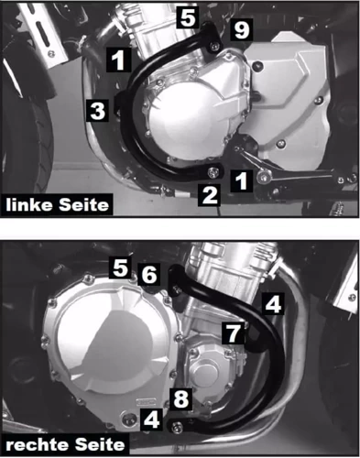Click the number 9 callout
point(241,31)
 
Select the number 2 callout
point(209,193)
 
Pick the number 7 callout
point(235,332)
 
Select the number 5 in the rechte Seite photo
point(118,267)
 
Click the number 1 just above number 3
point(117,61)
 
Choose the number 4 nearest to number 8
point(151,423)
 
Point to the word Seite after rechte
point(99,443)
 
